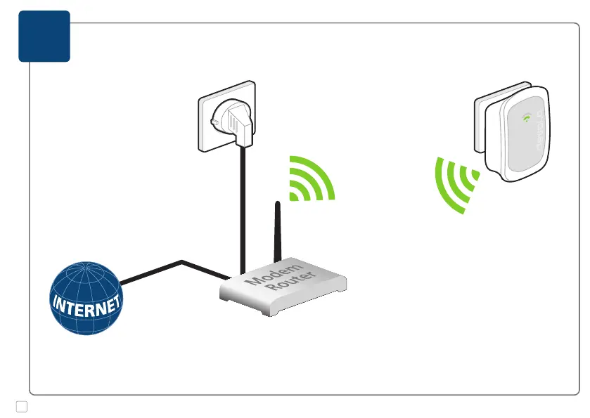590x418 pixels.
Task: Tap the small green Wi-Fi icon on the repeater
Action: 526,118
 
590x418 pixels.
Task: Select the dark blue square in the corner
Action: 44,36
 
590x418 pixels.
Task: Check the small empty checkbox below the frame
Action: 21,406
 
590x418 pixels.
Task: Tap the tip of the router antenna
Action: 278,204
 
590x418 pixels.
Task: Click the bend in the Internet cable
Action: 182,262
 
